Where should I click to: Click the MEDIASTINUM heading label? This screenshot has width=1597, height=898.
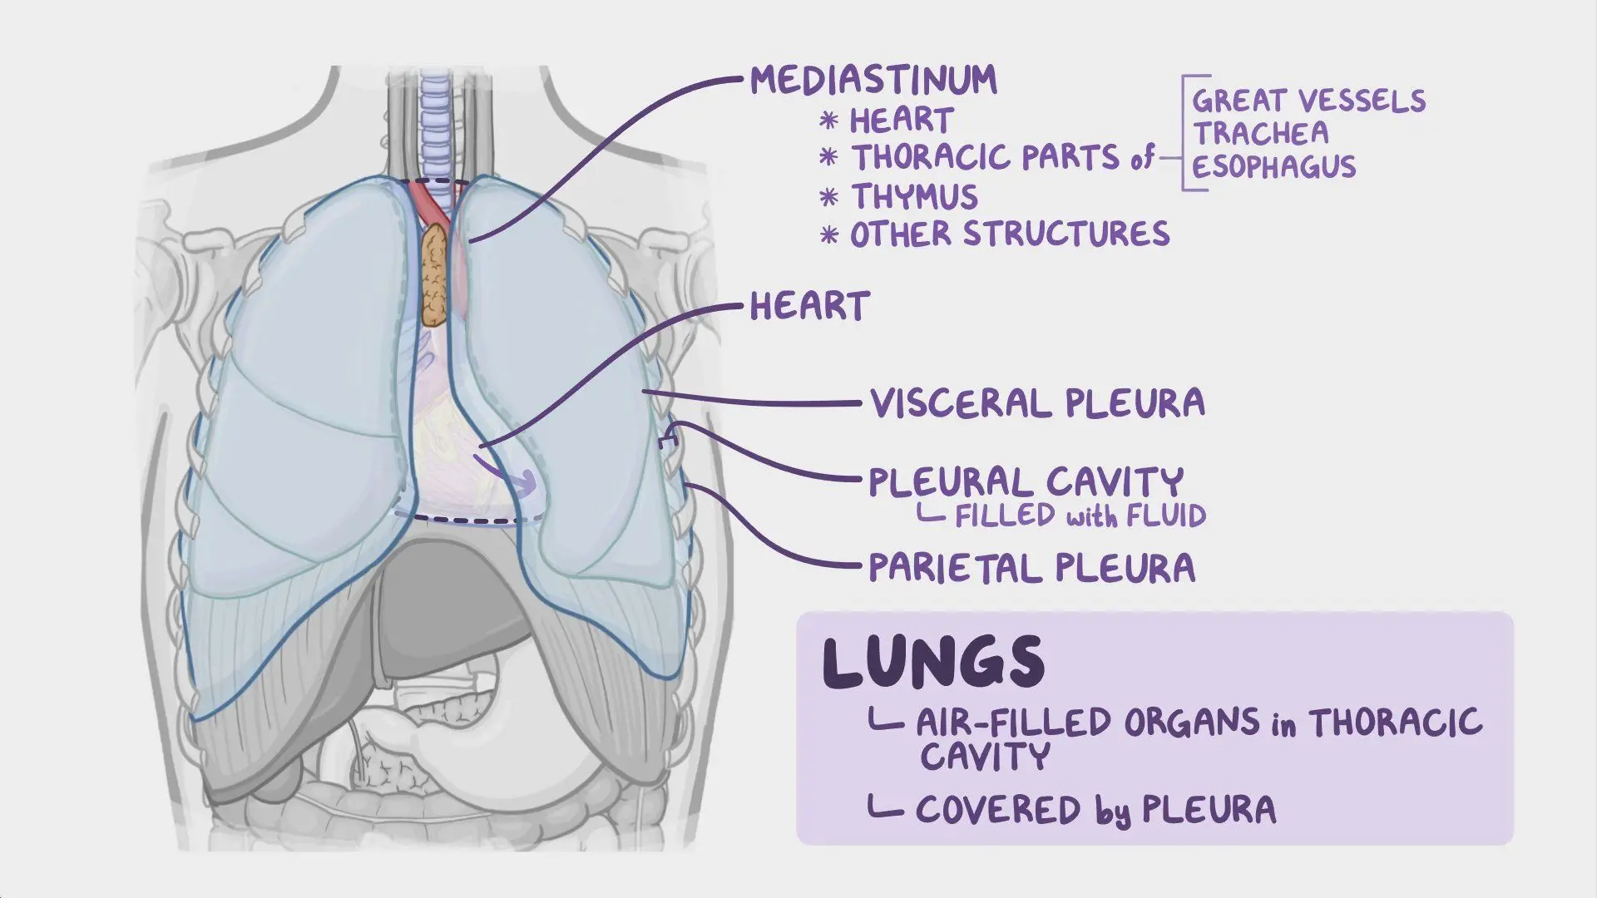[873, 80]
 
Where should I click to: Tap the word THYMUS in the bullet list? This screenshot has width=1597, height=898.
[914, 197]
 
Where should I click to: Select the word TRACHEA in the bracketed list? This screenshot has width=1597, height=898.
[1261, 133]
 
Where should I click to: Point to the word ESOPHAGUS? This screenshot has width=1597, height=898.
[1274, 166]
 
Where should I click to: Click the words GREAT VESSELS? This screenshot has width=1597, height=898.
[1309, 101]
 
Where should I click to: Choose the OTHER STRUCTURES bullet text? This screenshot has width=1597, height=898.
[1010, 234]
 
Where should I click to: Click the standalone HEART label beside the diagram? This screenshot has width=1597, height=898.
[809, 306]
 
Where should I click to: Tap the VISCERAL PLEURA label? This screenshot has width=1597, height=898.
[1037, 403]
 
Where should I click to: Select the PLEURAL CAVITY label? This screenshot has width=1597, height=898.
[1026, 482]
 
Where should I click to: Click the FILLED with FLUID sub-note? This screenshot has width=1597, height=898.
[1080, 516]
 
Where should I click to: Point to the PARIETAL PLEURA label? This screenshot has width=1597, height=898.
[1031, 569]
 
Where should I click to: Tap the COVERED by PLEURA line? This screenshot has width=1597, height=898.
[1095, 809]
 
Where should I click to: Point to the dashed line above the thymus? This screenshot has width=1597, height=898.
[434, 182]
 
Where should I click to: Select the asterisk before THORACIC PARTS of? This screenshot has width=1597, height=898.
[828, 156]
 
